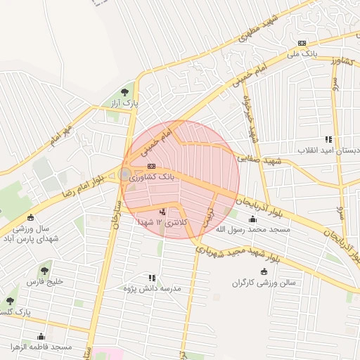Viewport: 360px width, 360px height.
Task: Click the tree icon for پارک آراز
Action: [x=125, y=91]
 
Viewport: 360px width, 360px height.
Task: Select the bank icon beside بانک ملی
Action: [x=302, y=43]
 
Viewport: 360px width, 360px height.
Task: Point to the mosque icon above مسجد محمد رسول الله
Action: [x=252, y=219]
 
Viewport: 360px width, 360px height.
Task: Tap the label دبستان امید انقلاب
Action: [x=328, y=150]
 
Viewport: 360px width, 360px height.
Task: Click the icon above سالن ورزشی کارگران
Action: [x=264, y=272]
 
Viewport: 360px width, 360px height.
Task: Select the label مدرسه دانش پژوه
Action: [x=152, y=289]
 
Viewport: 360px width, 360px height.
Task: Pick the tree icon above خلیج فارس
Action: [x=45, y=270]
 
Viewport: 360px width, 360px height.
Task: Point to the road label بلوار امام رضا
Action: [x=87, y=183]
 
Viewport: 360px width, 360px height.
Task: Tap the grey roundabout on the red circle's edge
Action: [x=125, y=174]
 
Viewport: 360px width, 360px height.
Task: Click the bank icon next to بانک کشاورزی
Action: [x=152, y=167]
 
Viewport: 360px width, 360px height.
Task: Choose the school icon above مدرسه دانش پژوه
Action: [x=152, y=278]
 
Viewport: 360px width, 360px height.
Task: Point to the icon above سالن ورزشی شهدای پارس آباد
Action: [x=30, y=217]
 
